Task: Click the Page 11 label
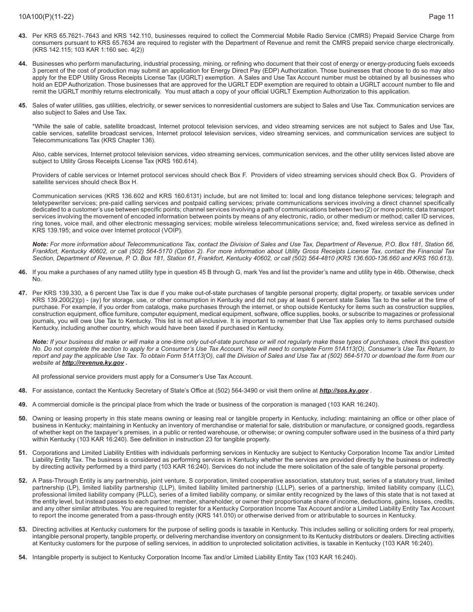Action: (x=441, y=17)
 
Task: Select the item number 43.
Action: (x=23, y=36)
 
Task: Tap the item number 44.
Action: (x=23, y=64)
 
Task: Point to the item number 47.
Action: (x=23, y=293)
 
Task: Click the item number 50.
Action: (x=23, y=418)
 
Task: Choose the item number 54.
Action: (x=23, y=557)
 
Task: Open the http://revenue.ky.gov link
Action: (x=93, y=363)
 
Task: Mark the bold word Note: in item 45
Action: (x=40, y=244)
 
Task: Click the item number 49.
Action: (x=23, y=405)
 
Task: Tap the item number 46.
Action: (x=23, y=272)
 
